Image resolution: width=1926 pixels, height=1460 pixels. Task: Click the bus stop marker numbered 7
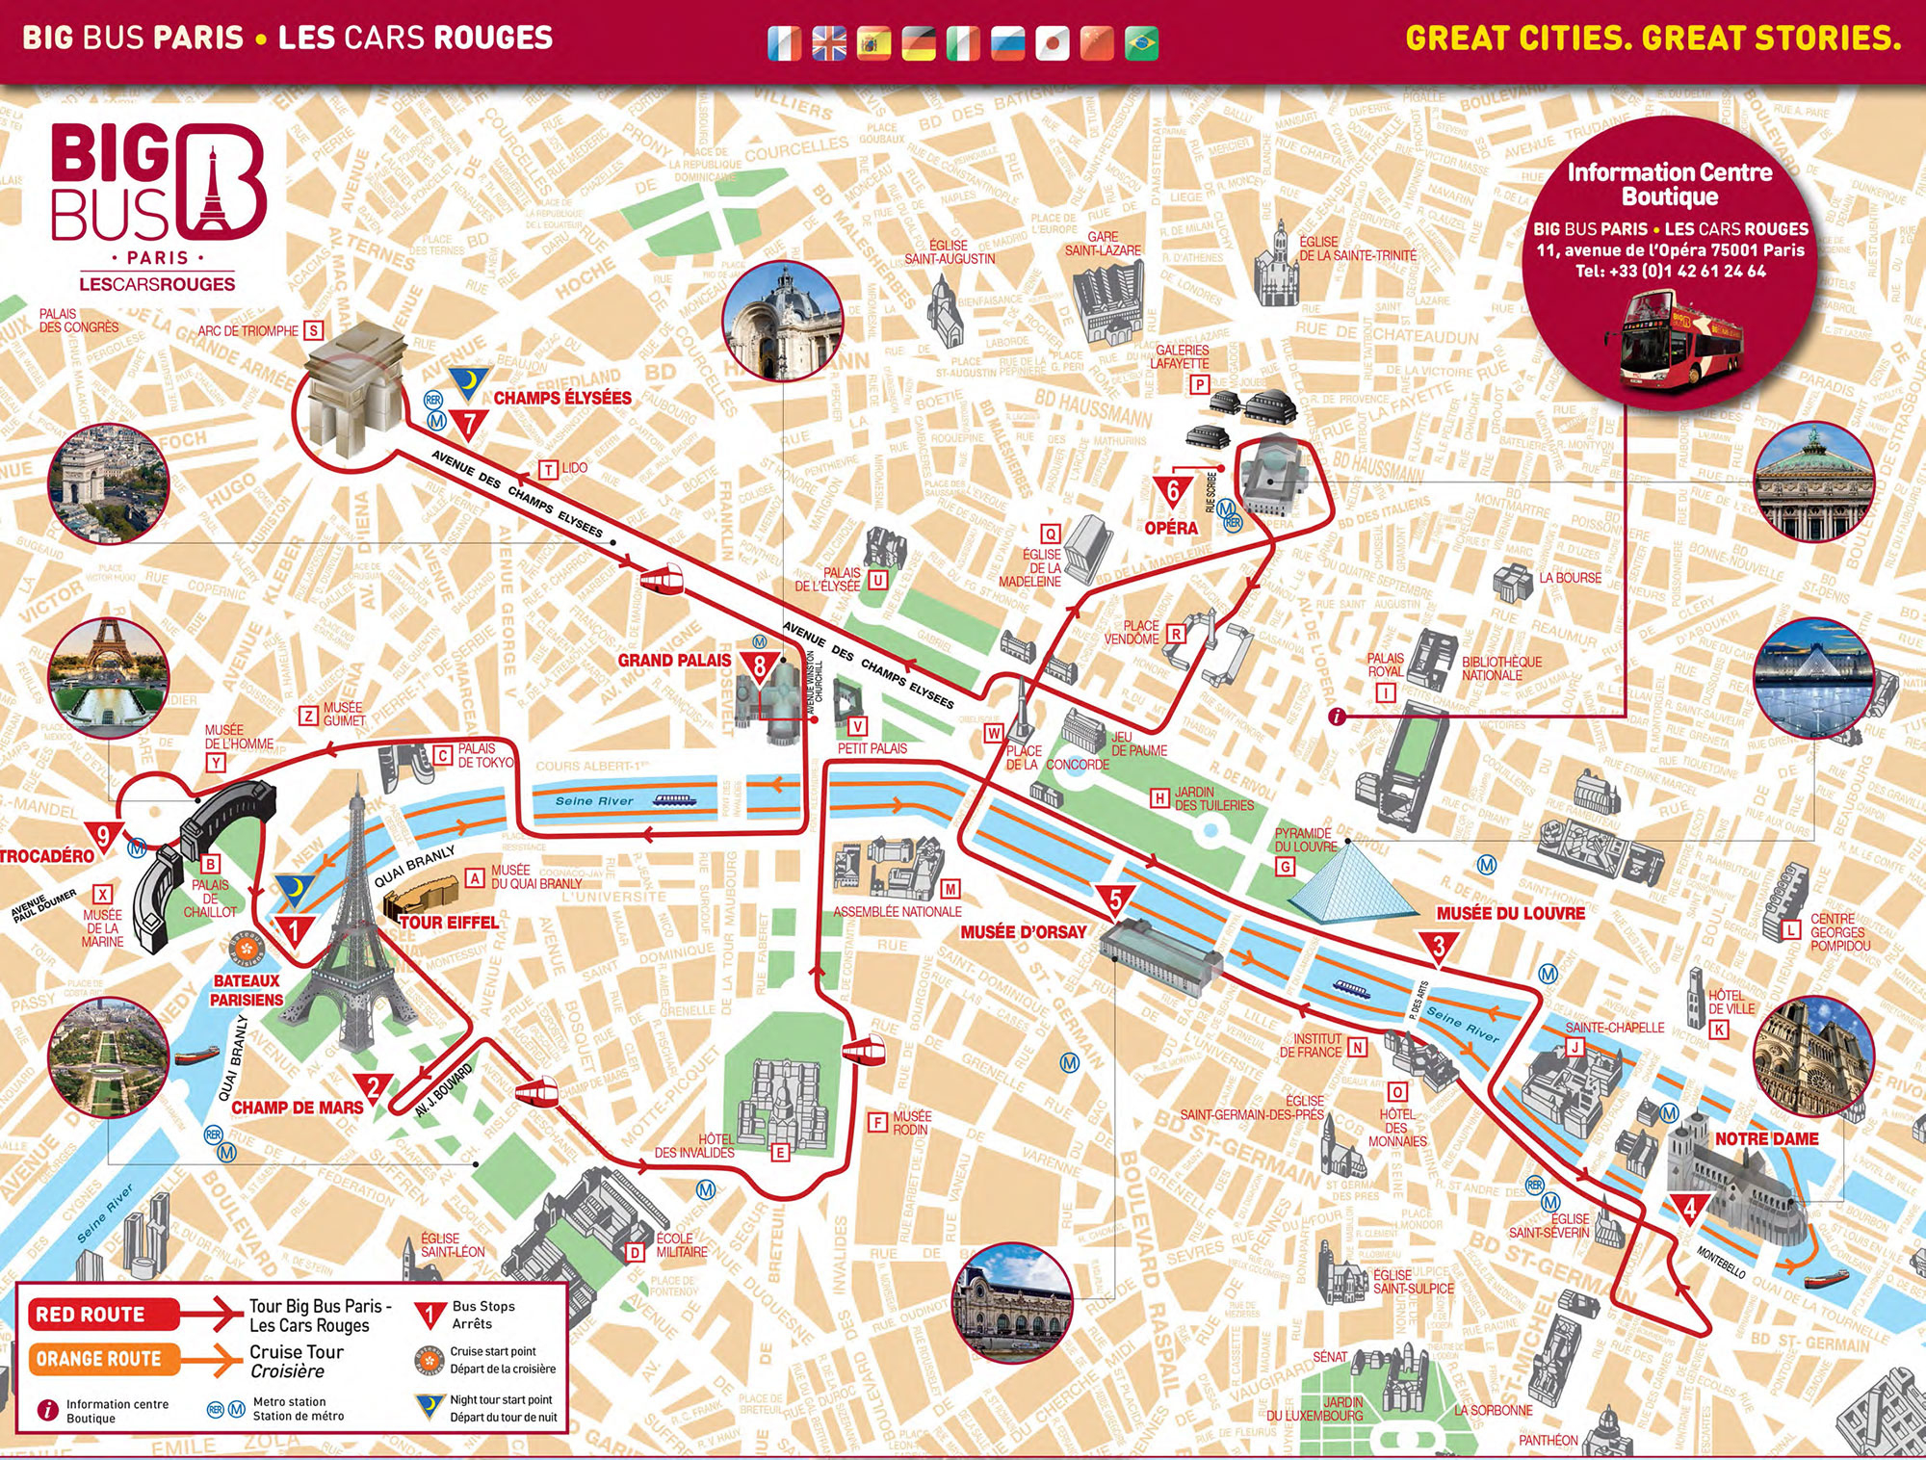[x=469, y=423]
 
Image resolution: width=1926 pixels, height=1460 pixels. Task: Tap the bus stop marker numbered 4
[x=1689, y=1207]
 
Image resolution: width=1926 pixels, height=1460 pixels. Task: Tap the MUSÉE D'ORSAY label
[x=1023, y=932]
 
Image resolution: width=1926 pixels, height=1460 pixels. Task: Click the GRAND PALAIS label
[x=674, y=661]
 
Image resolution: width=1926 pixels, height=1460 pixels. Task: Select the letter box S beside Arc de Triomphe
[x=313, y=330]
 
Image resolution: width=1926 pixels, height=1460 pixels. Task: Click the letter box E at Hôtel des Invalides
[x=780, y=1152]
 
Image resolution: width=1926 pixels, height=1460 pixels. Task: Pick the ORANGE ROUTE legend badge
[x=98, y=1359]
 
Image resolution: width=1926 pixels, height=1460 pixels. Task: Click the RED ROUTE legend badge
[x=91, y=1315]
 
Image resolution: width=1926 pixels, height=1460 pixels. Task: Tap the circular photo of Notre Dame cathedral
[x=1813, y=1056]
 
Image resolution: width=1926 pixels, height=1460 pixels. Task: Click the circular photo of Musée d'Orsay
[x=1011, y=1301]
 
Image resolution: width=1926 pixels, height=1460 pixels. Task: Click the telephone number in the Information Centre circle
[x=1670, y=272]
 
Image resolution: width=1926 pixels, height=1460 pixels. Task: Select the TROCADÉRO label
[x=46, y=856]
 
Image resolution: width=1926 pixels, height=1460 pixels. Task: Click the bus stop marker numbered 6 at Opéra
[x=1172, y=491]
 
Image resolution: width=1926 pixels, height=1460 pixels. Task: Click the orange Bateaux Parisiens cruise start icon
[x=247, y=949]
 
